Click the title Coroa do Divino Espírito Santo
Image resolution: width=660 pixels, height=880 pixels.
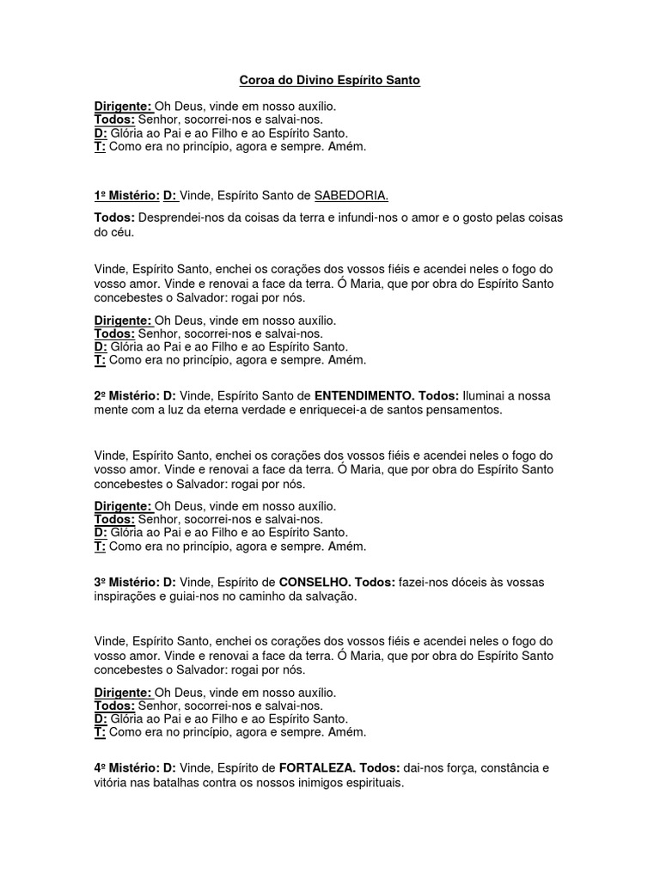[329, 81]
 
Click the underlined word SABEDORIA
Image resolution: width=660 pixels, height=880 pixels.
[345, 197]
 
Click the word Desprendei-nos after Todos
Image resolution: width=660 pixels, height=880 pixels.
[180, 217]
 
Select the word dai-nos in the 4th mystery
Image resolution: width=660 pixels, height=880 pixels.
[425, 767]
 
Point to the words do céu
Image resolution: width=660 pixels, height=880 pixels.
[113, 232]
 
